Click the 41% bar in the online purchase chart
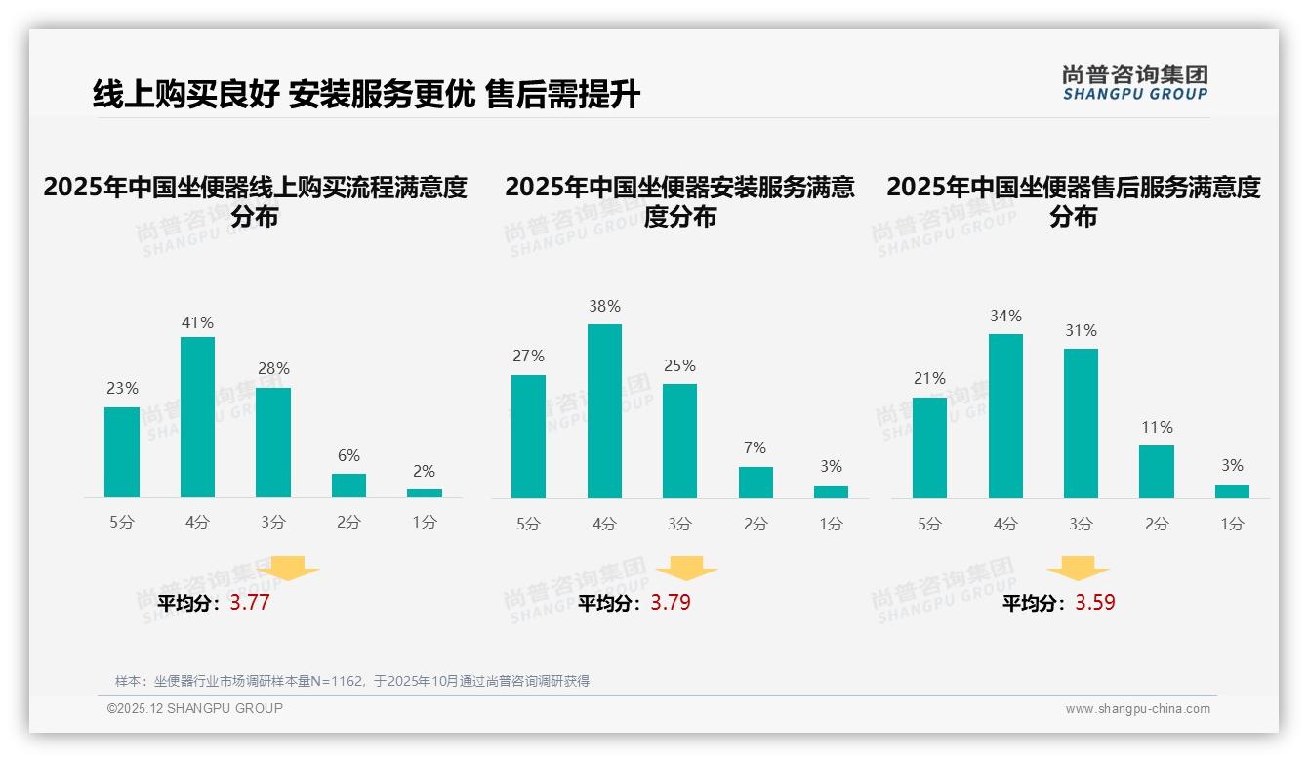click(197, 417)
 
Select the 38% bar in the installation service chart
click(604, 411)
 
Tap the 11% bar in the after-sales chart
click(1157, 472)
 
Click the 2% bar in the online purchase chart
click(425, 493)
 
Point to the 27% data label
click(528, 357)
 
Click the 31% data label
click(1081, 331)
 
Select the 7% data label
click(756, 448)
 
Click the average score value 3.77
click(250, 603)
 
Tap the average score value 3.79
click(671, 603)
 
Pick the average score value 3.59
click(1095, 603)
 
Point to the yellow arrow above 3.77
click(288, 568)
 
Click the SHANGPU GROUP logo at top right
click(1135, 83)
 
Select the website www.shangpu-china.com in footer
click(1137, 709)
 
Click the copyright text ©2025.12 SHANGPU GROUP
click(194, 708)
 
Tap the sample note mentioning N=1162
click(352, 681)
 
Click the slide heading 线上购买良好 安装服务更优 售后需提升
click(366, 95)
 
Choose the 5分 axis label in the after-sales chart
click(929, 524)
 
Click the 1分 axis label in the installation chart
click(831, 524)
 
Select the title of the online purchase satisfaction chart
click(256, 200)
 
